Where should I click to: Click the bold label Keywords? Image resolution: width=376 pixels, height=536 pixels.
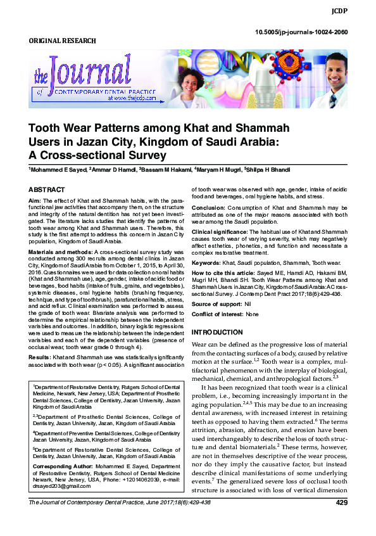click(x=206, y=262)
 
